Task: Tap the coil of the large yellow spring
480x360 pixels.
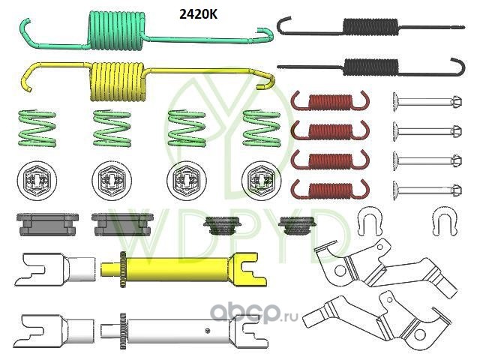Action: pyautogui.click(x=118, y=80)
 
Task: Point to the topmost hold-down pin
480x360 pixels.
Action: pyautogui.click(x=425, y=100)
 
